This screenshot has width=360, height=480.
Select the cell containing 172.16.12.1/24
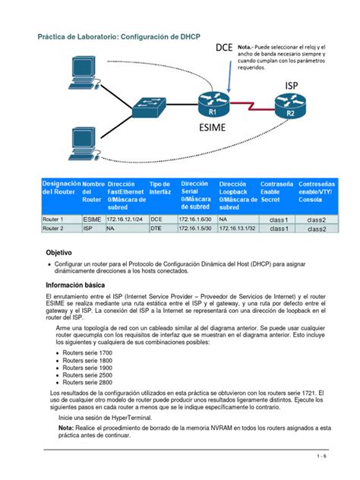[x=125, y=218]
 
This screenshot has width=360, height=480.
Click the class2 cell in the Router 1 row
[x=316, y=219]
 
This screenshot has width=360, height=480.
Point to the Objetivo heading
[x=59, y=251]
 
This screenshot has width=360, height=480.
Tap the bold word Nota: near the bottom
[x=66, y=428]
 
